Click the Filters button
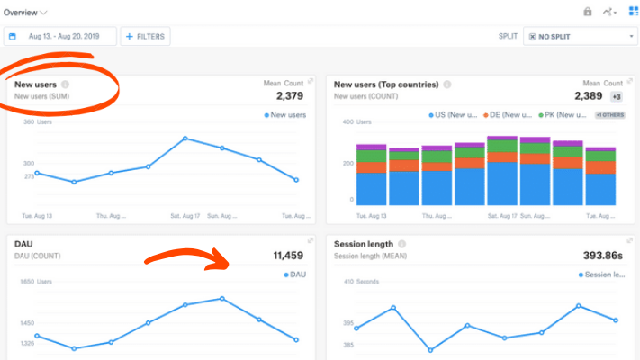pos(145,36)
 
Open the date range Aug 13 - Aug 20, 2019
pos(61,36)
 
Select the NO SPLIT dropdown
pos(581,36)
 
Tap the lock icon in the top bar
pos(587,12)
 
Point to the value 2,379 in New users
pos(290,95)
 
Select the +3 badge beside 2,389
pos(617,96)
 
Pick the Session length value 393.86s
pos(602,256)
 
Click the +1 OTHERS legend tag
pos(609,115)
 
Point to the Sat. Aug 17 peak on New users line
pos(185,138)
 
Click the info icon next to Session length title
pos(401,244)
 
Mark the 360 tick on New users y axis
pos(29,121)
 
